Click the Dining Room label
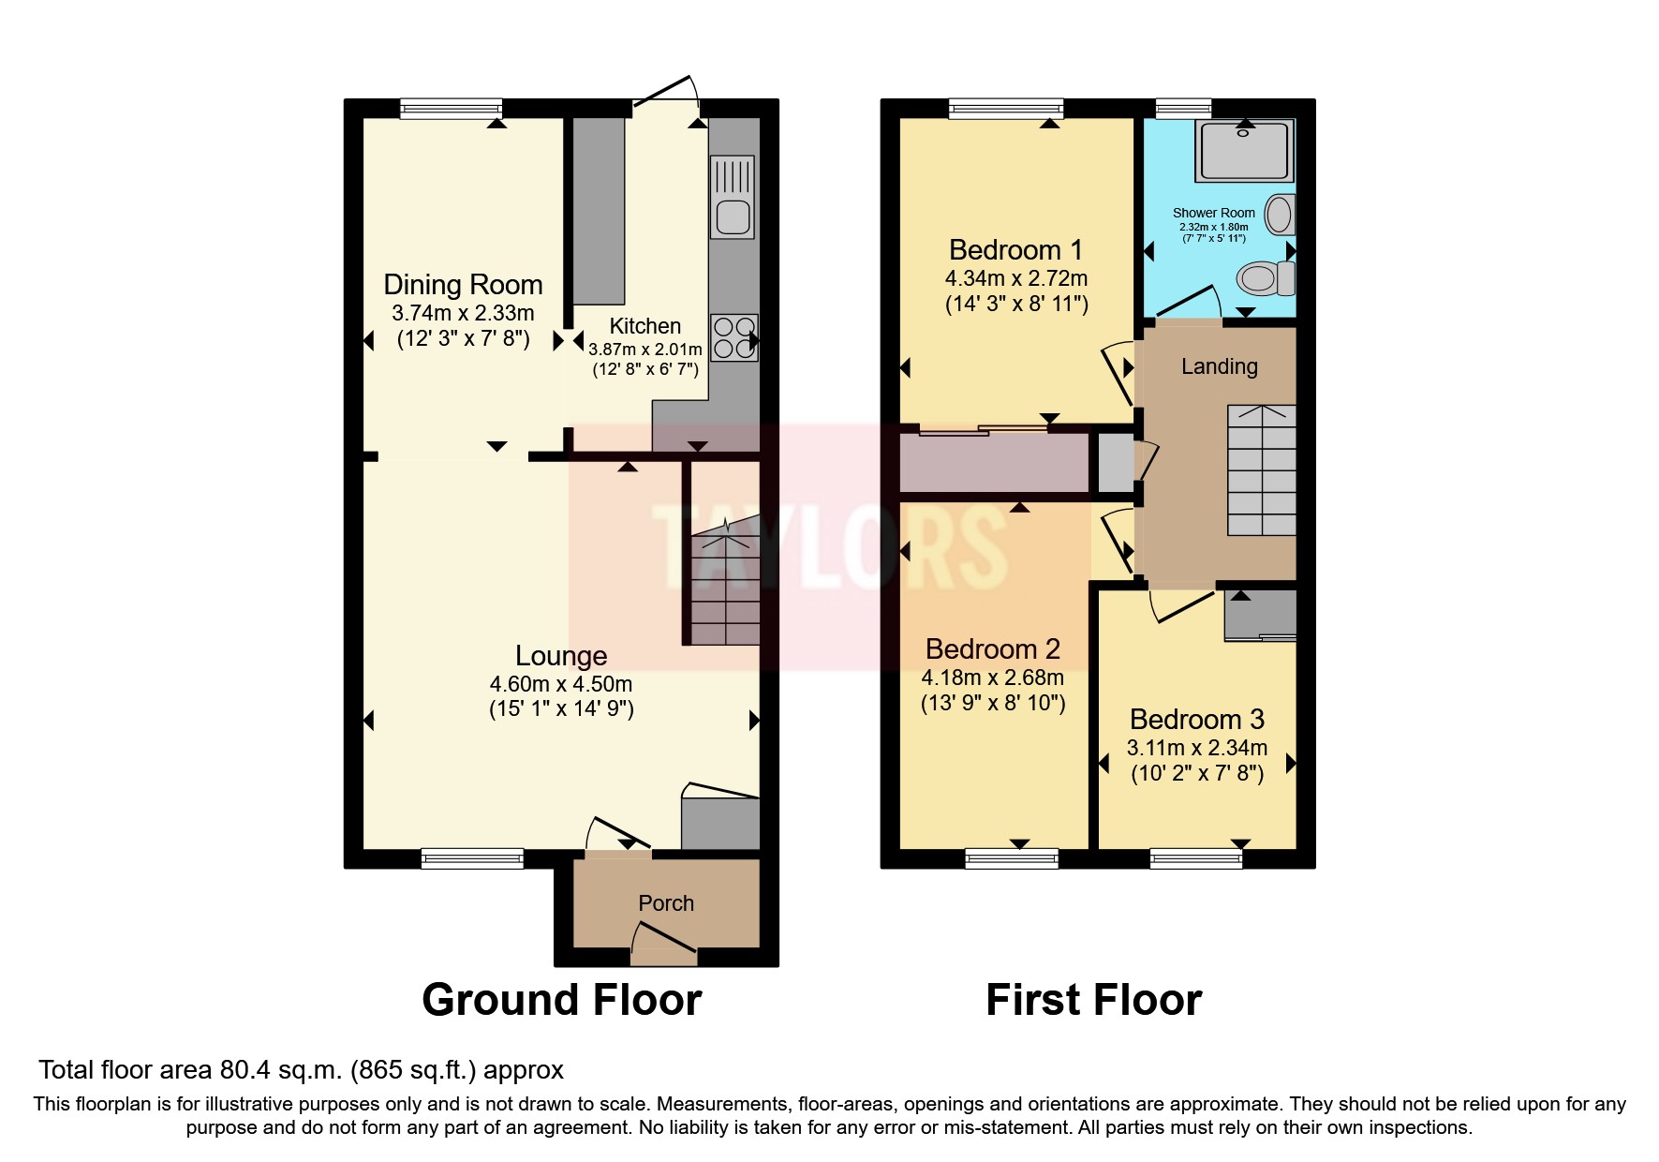pos(463,285)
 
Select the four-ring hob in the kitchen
pos(733,338)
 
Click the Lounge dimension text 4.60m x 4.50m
pos(560,684)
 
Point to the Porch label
pos(666,903)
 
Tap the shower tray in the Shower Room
pos(1244,151)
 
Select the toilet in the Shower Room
pos(1264,278)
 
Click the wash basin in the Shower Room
pos(1280,215)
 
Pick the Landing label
pos(1219,366)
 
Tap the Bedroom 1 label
pos(1015,250)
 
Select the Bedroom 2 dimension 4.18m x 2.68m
pos(992,678)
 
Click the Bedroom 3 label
pos(1196,720)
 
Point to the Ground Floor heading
pos(561,1000)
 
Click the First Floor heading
pos(1093,1000)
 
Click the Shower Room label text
pos(1213,213)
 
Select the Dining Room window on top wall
pos(451,109)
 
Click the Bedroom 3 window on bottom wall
pos(1195,857)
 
